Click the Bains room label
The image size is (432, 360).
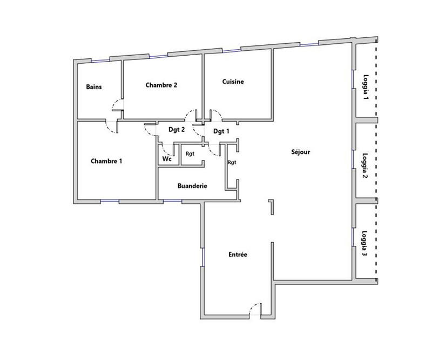tap(94, 86)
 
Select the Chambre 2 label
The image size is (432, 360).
tap(161, 85)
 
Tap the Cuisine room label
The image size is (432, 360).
tap(233, 82)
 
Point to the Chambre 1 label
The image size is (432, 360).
tap(106, 161)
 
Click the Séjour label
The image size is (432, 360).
tap(300, 152)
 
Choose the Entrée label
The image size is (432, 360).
tap(238, 254)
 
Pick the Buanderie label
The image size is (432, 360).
tap(193, 186)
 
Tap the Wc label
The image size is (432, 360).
tap(167, 159)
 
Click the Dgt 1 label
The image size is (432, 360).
tap(221, 131)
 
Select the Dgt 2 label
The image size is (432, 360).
tap(177, 130)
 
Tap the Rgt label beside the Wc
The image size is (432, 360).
tap(190, 154)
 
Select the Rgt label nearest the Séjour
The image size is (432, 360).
tap(232, 162)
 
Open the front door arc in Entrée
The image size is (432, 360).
tap(252, 310)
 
